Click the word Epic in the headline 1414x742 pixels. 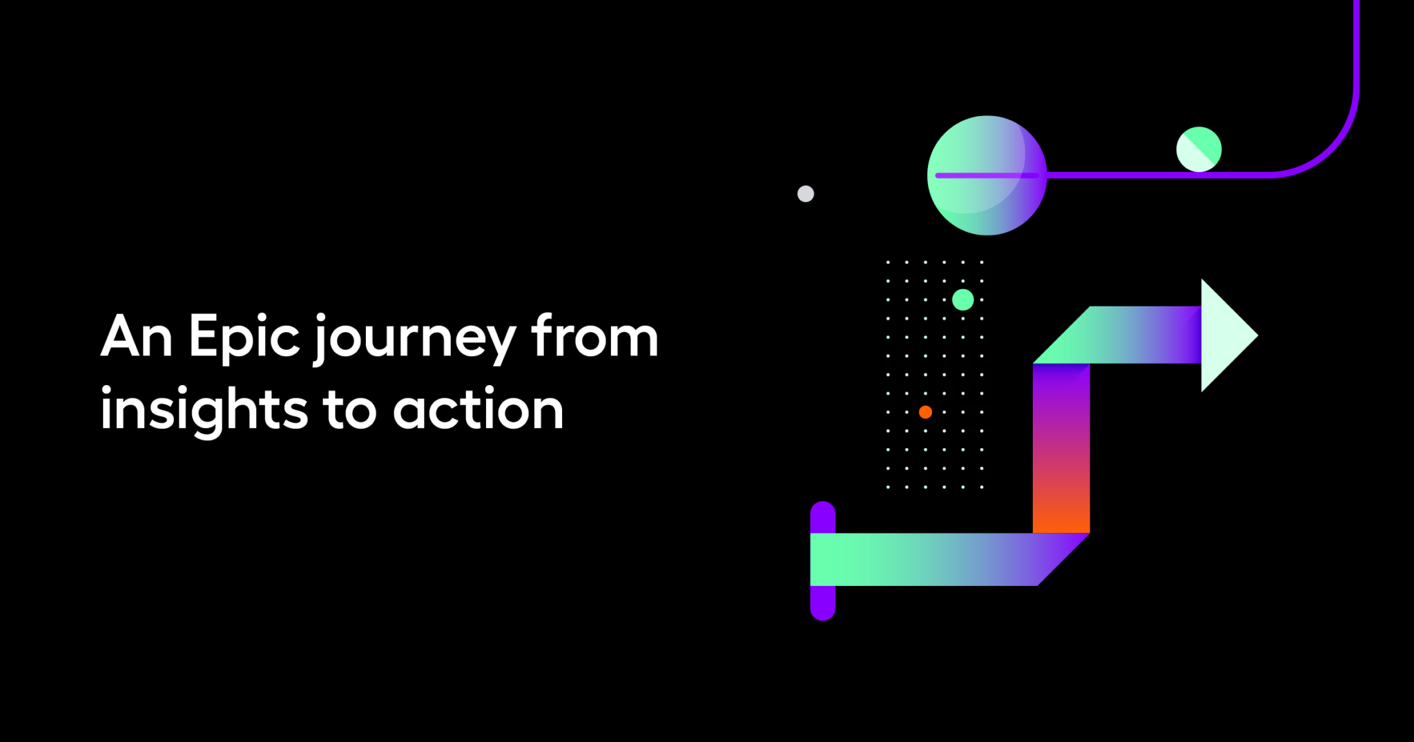[x=244, y=337]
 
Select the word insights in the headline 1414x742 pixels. [x=204, y=411]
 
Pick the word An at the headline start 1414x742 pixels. [x=136, y=337]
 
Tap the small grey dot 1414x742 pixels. [x=806, y=194]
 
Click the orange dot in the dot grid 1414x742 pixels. [x=925, y=412]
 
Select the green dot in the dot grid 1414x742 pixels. [x=962, y=300]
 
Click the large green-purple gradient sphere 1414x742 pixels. [x=987, y=148]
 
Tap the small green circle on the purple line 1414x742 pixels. [x=1199, y=149]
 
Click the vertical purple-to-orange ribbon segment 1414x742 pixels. [x=1061, y=449]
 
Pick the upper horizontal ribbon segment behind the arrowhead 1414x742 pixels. [x=1132, y=335]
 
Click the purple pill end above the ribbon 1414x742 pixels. [x=822, y=516]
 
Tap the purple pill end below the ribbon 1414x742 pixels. [x=822, y=603]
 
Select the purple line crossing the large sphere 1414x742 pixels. [x=987, y=175]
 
